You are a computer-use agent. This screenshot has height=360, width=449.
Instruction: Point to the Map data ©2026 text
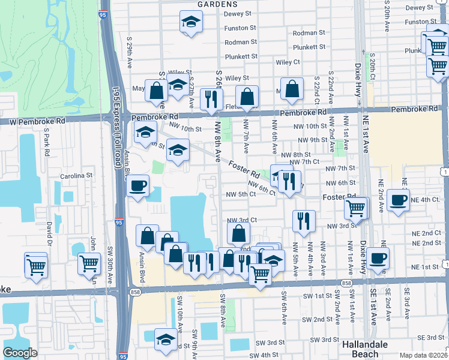(423, 355)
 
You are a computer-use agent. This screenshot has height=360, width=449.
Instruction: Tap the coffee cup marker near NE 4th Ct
(399, 200)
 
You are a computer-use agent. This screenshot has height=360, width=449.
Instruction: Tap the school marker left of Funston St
(191, 22)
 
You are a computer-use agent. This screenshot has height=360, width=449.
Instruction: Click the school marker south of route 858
(166, 339)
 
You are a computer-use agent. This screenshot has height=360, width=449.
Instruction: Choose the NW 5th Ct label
(241, 194)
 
